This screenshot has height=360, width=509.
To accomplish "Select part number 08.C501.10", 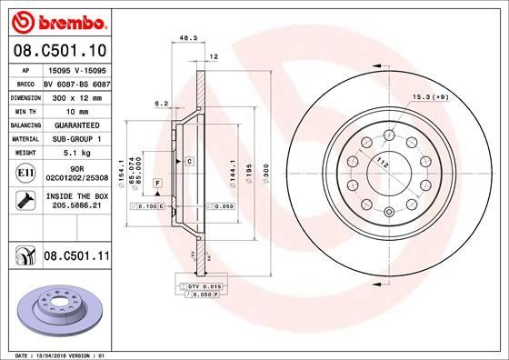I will coord(60,50).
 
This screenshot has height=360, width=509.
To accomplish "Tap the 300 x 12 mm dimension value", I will coord(75,95).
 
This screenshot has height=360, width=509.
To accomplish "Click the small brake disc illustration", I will coord(59,309).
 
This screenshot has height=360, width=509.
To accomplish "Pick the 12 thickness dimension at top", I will coord(215,56).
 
